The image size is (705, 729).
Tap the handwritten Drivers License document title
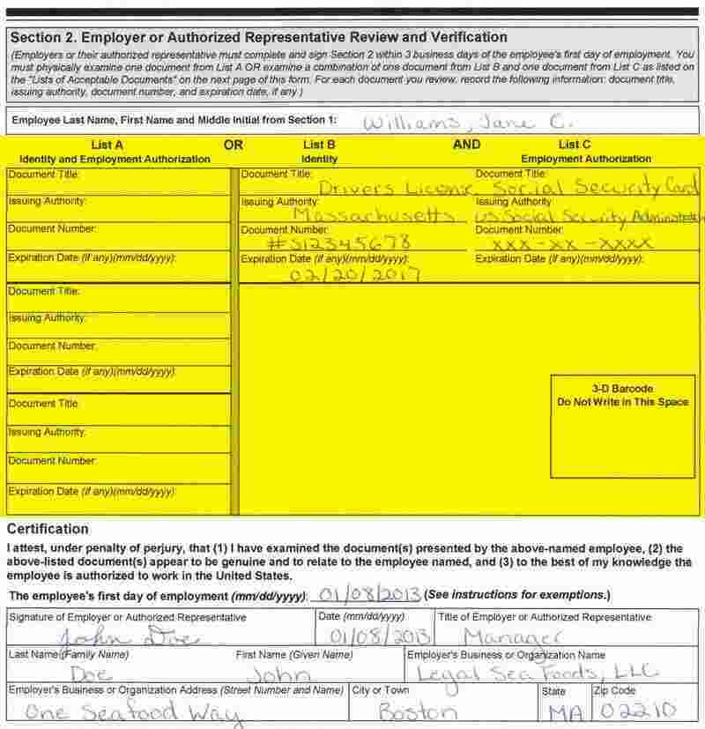395,188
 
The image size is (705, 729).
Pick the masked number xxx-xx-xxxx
573,242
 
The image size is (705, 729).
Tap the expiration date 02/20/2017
353,274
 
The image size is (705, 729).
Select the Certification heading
48,530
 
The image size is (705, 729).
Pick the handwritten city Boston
418,710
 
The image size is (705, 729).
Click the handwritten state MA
561,711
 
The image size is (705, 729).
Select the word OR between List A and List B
234,145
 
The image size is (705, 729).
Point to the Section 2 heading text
258,37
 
